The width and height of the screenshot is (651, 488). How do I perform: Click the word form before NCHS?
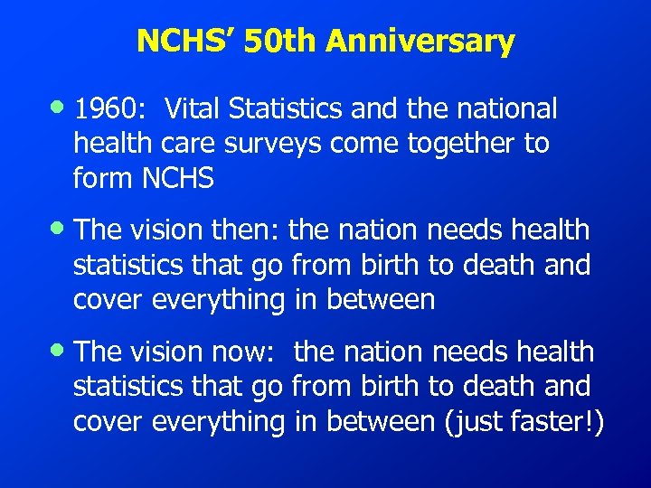pos(103,179)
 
